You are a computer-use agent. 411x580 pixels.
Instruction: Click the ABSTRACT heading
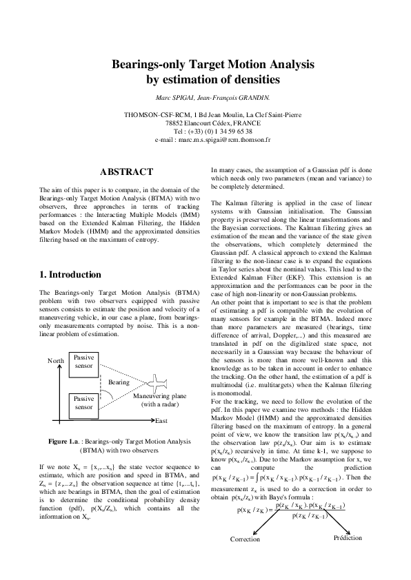coord(126,172)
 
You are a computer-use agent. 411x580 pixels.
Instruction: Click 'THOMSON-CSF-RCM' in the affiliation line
coord(157,114)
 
